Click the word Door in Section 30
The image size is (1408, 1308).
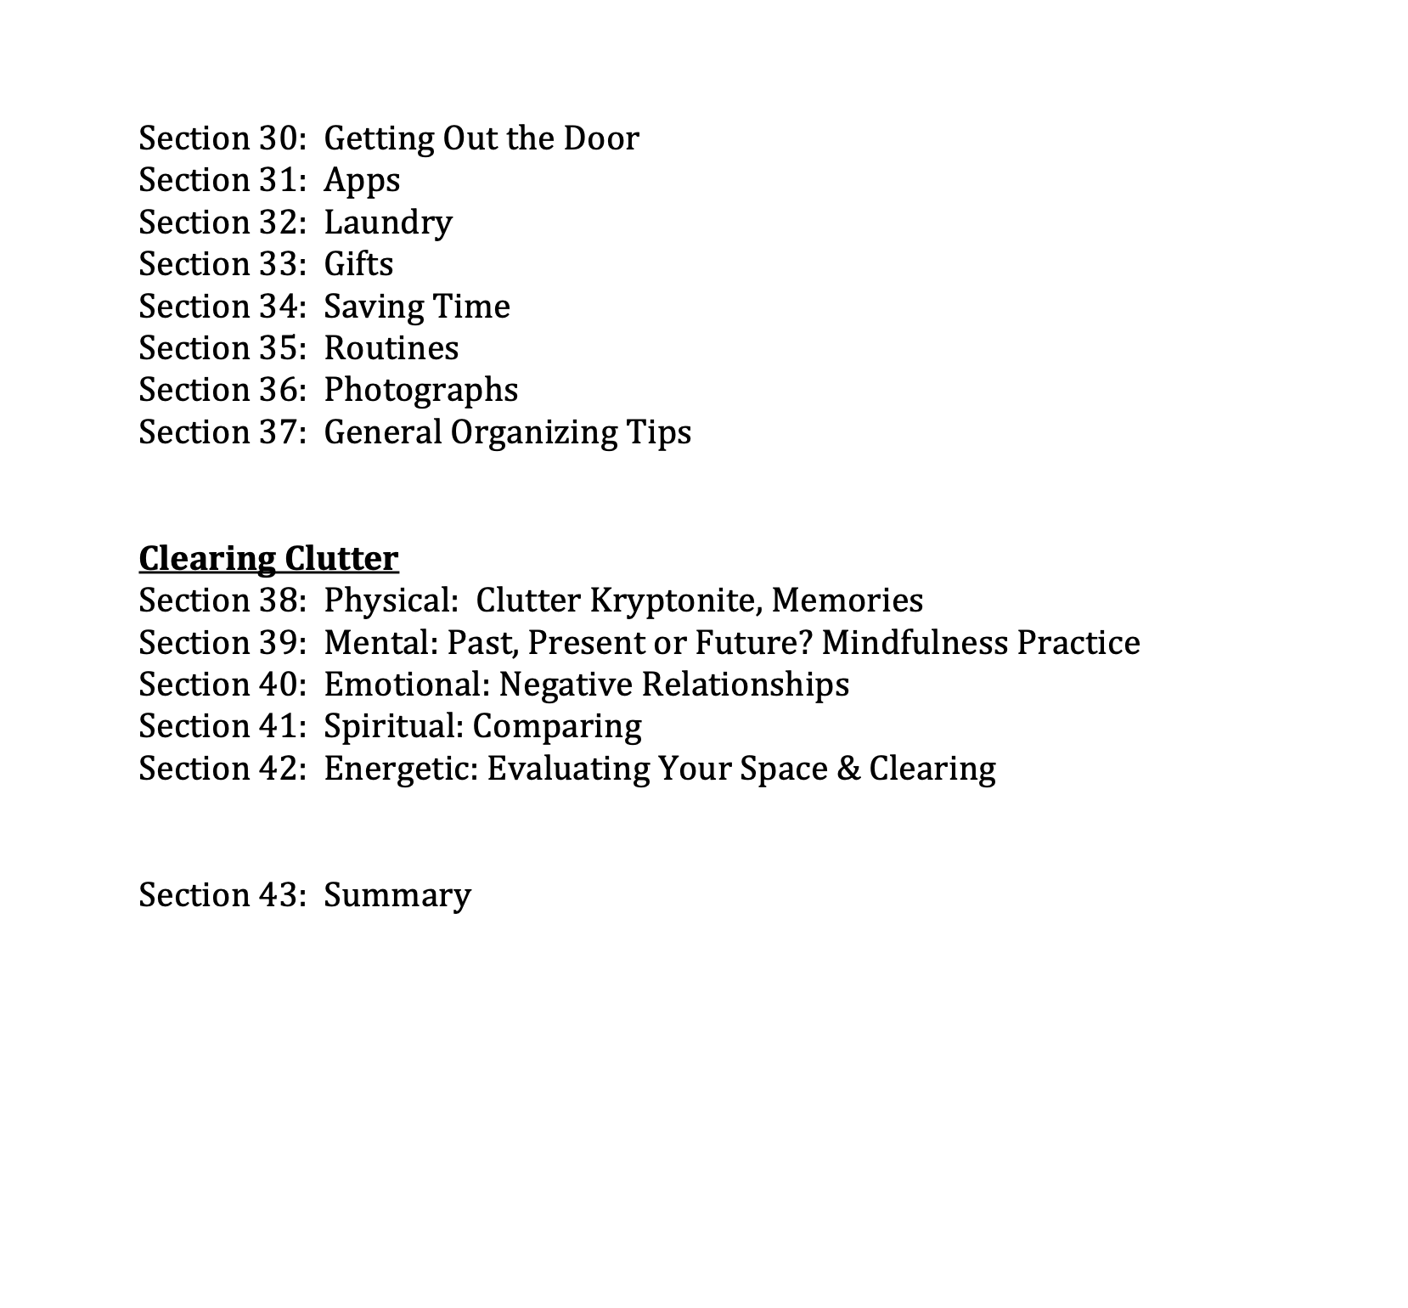pyautogui.click(x=601, y=138)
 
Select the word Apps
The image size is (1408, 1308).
pyautogui.click(x=362, y=181)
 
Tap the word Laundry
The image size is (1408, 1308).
pyautogui.click(x=388, y=223)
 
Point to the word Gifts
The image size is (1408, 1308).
pyautogui.click(x=358, y=264)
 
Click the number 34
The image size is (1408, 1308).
pyautogui.click(x=276, y=307)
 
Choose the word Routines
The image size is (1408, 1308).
pyautogui.click(x=391, y=348)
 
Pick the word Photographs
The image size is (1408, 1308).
pyautogui.click(x=420, y=390)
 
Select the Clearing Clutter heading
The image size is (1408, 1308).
pyautogui.click(x=268, y=559)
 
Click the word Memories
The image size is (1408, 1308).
pyautogui.click(x=847, y=600)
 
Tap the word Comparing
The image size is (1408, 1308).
pyautogui.click(x=557, y=726)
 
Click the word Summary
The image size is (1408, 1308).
pyautogui.click(x=397, y=895)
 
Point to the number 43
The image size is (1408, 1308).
pyautogui.click(x=276, y=895)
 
